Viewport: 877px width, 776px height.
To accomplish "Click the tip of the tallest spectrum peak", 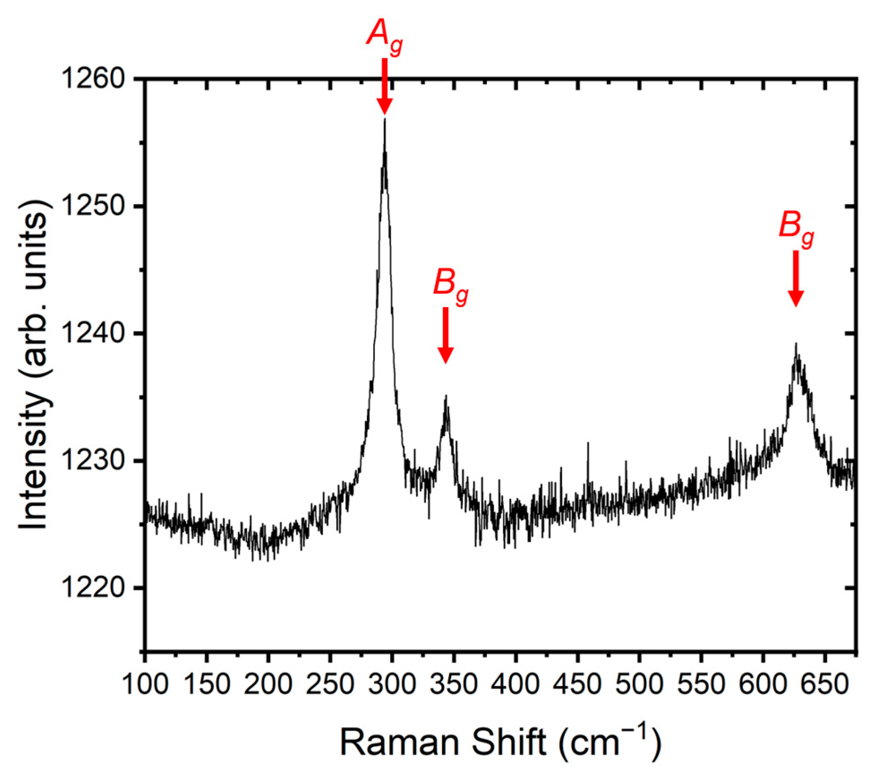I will (384, 120).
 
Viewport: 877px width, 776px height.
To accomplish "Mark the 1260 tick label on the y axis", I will (96, 79).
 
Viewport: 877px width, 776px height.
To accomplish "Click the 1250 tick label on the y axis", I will (96, 206).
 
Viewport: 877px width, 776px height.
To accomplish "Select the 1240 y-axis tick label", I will (96, 334).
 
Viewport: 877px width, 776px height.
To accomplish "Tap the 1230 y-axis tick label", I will (96, 461).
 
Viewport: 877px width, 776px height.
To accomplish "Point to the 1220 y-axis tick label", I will (96, 588).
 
